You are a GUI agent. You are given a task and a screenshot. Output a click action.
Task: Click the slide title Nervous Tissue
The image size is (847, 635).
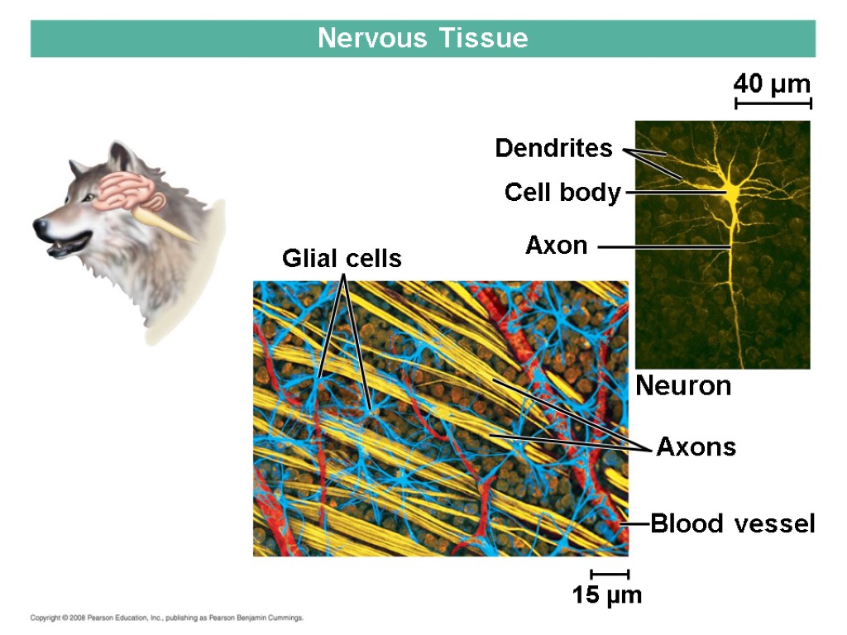[x=423, y=39]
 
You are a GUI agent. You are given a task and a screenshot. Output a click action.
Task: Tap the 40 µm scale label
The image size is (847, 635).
[x=773, y=84]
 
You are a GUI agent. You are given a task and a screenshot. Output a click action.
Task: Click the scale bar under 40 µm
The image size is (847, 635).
[x=773, y=103]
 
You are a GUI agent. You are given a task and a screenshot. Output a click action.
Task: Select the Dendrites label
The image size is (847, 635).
[x=553, y=149]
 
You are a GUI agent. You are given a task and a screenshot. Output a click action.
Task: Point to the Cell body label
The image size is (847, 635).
[x=562, y=193]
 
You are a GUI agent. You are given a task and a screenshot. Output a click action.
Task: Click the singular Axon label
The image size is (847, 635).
[x=556, y=246]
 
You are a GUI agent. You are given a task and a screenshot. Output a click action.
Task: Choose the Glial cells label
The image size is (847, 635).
[x=342, y=259]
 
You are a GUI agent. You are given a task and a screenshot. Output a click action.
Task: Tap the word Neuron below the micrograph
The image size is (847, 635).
[x=683, y=386]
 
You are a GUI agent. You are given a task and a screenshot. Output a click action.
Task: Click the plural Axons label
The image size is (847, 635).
[x=696, y=448]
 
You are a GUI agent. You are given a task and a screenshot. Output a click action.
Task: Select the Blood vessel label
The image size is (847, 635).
[x=733, y=524]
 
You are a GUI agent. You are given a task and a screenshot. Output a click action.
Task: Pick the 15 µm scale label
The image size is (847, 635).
[x=607, y=594]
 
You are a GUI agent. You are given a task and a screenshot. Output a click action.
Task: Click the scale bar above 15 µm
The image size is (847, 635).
[x=610, y=574]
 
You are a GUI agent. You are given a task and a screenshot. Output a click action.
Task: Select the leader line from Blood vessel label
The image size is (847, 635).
[x=635, y=524]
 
